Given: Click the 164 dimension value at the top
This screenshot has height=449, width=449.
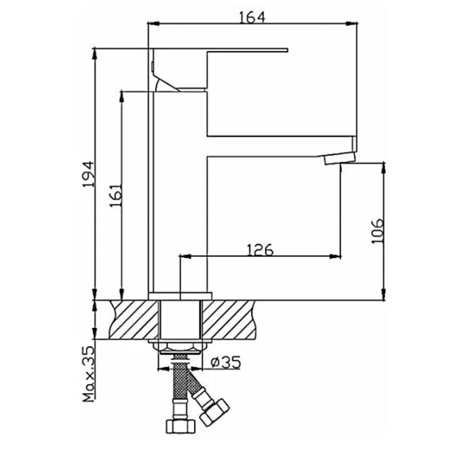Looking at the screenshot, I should pyautogui.click(x=252, y=17).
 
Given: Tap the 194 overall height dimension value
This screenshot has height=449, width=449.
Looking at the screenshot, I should pyautogui.click(x=88, y=175).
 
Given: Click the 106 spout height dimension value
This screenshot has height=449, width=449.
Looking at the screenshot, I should pyautogui.click(x=377, y=231).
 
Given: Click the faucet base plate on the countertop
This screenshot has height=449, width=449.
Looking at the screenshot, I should pyautogui.click(x=180, y=295).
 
